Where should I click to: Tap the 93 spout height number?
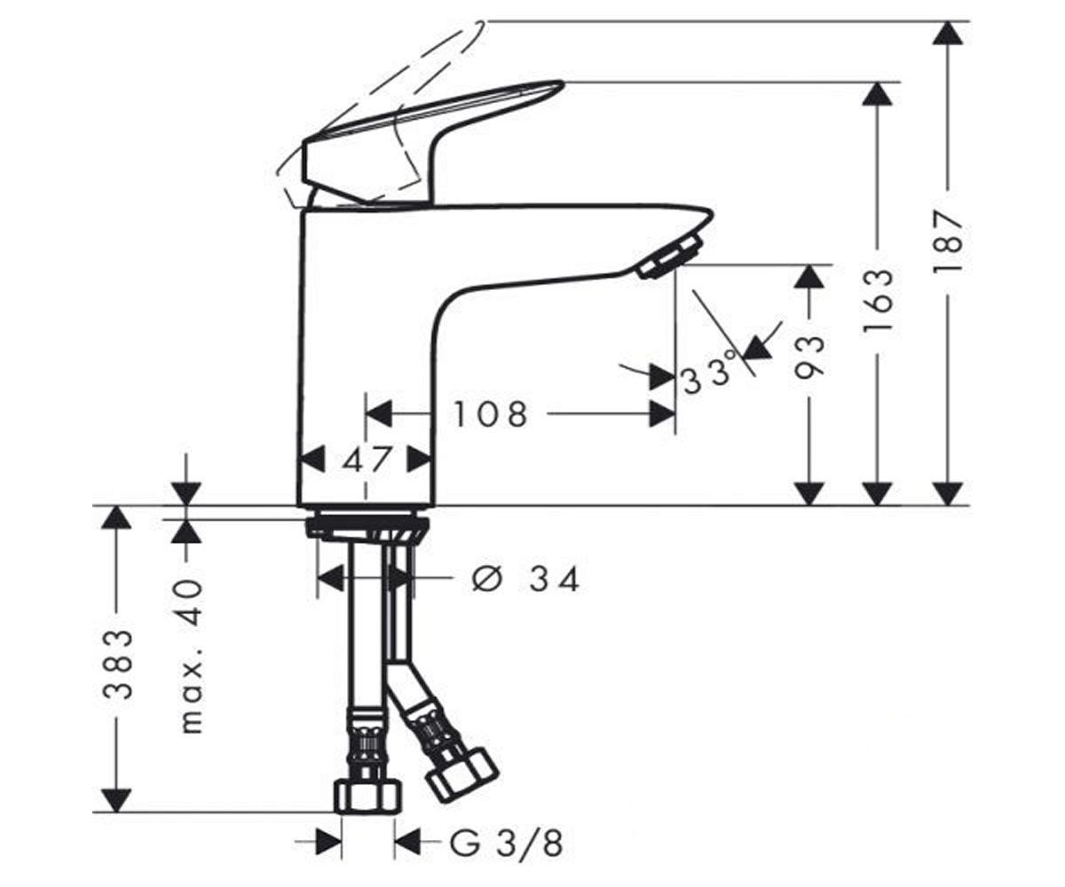click(x=809, y=357)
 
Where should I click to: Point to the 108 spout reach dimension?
click(x=490, y=414)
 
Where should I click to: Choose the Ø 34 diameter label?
click(x=526, y=579)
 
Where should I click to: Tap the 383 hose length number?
click(x=118, y=664)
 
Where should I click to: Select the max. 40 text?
click(x=192, y=656)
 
